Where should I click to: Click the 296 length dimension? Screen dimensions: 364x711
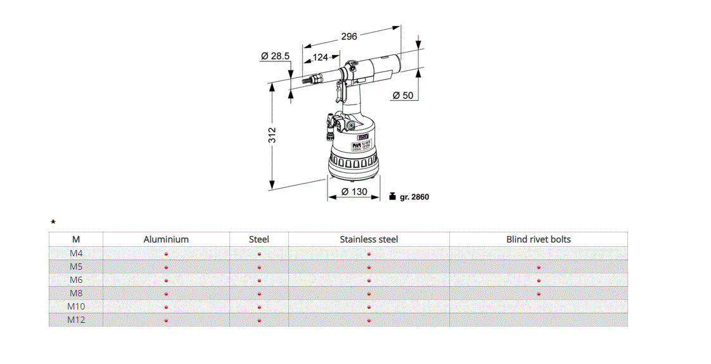click(349, 36)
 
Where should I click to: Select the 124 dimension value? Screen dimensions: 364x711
click(321, 58)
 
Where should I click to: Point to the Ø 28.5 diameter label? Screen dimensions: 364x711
click(275, 56)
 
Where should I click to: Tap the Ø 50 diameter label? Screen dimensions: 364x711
click(402, 96)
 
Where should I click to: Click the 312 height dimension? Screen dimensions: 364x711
click(272, 135)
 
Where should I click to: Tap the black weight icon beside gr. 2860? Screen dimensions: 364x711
click(392, 196)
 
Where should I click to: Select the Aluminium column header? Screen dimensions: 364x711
click(166, 239)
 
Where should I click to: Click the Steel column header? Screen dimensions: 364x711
click(259, 239)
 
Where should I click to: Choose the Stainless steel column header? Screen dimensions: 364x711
click(369, 239)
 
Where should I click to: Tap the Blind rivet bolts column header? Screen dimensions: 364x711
click(538, 239)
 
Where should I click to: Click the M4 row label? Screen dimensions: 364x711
click(76, 253)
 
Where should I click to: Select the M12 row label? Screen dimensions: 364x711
click(76, 320)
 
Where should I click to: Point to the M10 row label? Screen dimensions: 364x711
click(76, 306)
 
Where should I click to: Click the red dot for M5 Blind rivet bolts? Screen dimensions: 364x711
click(539, 267)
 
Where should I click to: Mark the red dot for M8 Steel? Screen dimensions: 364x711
click(259, 294)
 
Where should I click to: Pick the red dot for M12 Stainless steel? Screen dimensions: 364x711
click(369, 320)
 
